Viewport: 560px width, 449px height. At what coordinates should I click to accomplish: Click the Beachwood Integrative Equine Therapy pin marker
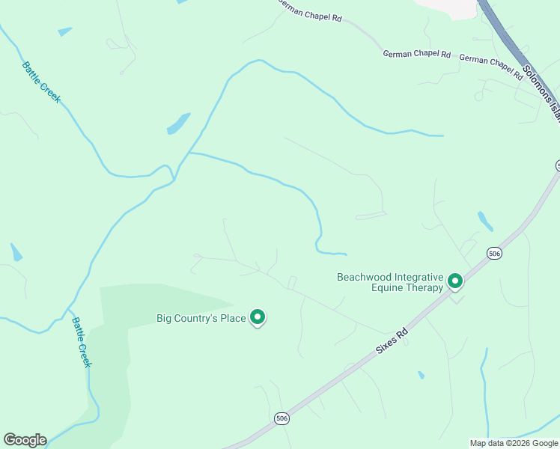(x=454, y=281)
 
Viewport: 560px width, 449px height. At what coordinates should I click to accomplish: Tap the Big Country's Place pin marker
(x=258, y=318)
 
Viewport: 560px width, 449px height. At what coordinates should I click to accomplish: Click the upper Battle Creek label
(x=41, y=82)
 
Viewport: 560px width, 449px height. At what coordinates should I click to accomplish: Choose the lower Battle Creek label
(x=81, y=342)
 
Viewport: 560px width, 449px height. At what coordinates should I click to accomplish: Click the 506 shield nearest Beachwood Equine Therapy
(x=493, y=254)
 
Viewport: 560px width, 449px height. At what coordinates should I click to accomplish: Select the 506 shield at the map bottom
(x=281, y=418)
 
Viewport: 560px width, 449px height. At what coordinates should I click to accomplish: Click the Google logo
(x=25, y=440)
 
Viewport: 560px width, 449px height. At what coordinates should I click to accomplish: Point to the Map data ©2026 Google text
(x=513, y=443)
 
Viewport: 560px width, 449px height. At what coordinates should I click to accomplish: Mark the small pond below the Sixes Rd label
(x=421, y=375)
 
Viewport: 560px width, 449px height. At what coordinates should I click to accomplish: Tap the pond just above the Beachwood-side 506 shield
(x=485, y=221)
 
